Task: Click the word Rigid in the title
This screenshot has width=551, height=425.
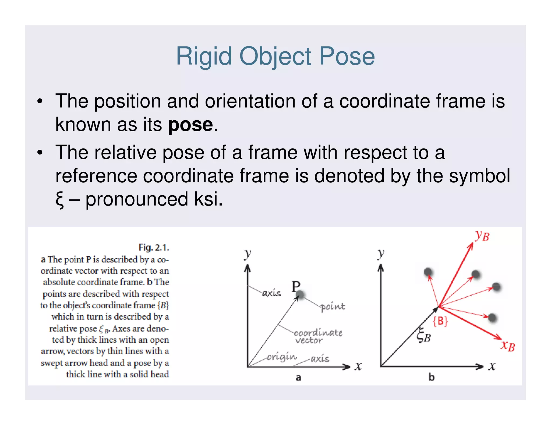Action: tap(204, 56)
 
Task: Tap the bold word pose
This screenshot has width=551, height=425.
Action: tap(190, 125)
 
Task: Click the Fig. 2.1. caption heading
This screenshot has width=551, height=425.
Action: tap(154, 247)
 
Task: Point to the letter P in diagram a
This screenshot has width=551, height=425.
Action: tap(296, 286)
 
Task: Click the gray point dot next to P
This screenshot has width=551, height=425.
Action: tap(300, 295)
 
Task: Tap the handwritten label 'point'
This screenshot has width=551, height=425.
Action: tap(333, 307)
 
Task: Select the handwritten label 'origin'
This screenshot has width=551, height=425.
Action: tap(282, 357)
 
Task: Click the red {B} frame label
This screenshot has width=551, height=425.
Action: tap(440, 321)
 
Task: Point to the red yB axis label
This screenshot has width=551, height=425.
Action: tap(482, 236)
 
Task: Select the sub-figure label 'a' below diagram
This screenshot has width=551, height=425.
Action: tap(298, 378)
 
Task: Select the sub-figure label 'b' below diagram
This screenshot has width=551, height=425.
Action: tap(431, 377)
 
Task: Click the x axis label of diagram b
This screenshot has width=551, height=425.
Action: tap(492, 366)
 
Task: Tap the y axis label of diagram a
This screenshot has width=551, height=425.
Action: tap(248, 254)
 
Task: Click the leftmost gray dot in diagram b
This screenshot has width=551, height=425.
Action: tap(428, 272)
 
